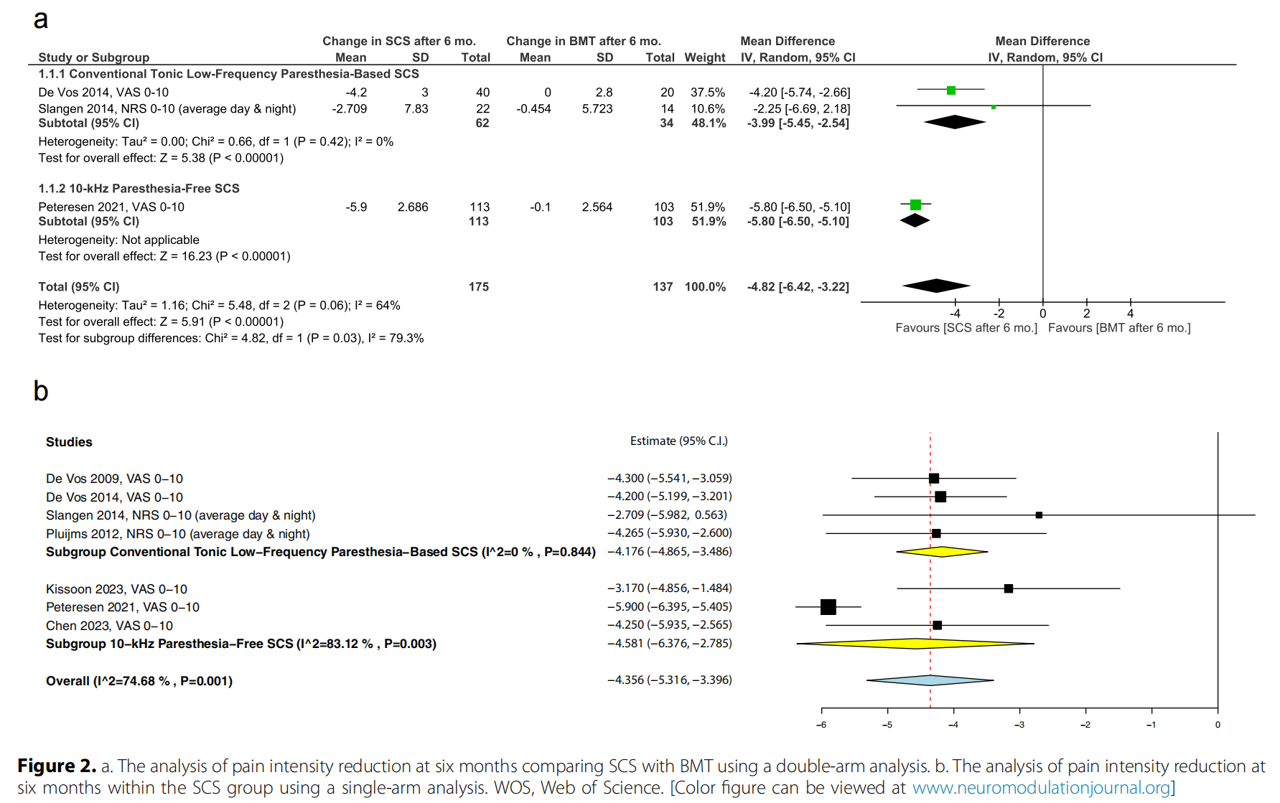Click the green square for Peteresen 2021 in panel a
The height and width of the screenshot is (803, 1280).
915,205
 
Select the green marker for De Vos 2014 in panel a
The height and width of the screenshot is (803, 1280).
951,90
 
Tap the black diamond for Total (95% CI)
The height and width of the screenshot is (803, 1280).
936,286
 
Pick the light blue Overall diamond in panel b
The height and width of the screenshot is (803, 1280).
930,680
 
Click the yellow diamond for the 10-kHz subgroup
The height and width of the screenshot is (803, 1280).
915,644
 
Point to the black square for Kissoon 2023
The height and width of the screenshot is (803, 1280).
1009,588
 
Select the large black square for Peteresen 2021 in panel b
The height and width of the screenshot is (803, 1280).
828,607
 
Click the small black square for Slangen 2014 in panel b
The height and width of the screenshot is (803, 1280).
1039,515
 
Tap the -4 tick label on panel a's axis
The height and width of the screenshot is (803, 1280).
955,314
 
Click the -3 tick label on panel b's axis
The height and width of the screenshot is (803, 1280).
1019,725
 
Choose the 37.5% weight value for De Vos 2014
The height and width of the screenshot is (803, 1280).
707,93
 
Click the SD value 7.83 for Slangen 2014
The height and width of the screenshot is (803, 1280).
416,109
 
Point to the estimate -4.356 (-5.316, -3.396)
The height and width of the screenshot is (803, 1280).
670,680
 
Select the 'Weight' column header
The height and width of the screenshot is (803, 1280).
705,57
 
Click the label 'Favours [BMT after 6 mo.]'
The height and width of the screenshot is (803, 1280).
1118,328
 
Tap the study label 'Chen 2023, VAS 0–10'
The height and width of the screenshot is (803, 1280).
109,626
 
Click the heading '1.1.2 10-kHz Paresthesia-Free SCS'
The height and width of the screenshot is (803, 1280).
139,189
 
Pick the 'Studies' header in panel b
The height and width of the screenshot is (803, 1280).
69,442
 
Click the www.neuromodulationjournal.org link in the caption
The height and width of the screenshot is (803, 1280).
1041,788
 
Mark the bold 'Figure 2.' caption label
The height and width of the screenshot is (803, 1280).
57,766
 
